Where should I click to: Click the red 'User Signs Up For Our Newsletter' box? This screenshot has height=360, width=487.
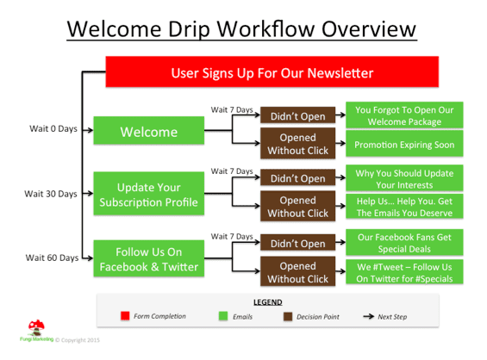(272, 71)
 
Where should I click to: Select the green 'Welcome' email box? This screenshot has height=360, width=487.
(149, 130)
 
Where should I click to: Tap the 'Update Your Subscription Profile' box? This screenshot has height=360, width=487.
(149, 193)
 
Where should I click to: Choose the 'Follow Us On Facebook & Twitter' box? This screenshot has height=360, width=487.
(149, 258)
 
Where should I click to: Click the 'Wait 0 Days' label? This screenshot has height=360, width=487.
(53, 129)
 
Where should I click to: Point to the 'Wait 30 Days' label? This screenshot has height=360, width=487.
(51, 194)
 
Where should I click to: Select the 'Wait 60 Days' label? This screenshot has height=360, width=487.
(52, 258)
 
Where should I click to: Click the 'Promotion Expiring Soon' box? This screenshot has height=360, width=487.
(404, 144)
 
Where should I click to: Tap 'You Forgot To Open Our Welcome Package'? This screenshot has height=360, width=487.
(404, 115)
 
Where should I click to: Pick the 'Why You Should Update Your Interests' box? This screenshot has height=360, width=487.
(404, 178)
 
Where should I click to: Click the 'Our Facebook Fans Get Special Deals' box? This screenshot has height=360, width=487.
(404, 242)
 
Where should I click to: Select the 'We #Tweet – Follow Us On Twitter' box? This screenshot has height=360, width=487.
(404, 272)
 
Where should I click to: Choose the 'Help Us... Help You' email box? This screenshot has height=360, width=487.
(404, 207)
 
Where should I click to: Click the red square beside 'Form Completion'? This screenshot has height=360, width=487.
(125, 316)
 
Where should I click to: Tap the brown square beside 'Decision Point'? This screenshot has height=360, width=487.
(288, 317)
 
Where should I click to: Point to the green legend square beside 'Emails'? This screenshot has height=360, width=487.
(223, 316)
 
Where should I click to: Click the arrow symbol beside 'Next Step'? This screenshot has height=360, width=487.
(369, 317)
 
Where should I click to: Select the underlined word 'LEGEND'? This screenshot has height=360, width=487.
(268, 302)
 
